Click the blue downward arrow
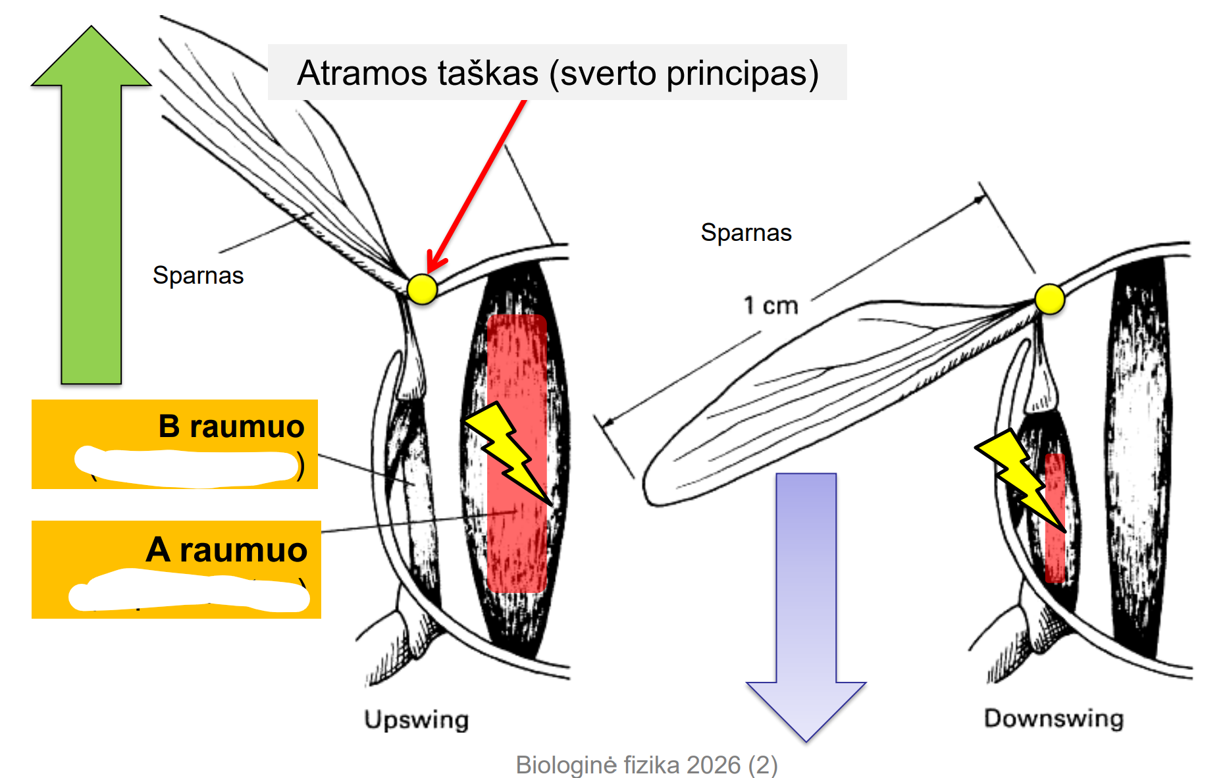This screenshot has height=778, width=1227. point(806,592)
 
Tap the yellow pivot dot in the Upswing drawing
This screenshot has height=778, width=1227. point(422,289)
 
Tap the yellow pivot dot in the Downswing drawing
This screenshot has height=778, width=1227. point(1049,299)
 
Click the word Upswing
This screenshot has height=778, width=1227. point(416,719)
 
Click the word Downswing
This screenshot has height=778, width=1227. point(1053,718)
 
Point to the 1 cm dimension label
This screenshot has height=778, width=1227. point(770,305)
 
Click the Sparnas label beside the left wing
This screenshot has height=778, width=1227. point(198,275)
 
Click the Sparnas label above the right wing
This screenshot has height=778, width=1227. point(746,232)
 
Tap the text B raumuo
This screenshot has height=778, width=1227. point(231,427)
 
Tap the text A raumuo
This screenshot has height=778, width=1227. point(226,550)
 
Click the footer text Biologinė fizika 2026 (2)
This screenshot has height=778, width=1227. point(646,765)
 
